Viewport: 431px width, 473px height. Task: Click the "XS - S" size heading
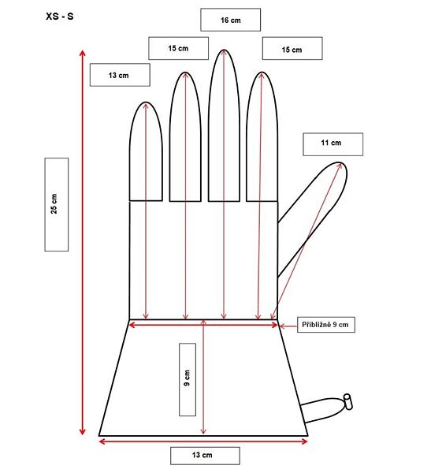coord(59,17)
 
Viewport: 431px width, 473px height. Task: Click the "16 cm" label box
coord(230,20)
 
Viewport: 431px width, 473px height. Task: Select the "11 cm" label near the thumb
coord(333,144)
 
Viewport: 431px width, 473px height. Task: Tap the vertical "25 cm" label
coord(57,204)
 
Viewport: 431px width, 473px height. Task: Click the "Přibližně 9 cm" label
coord(326,325)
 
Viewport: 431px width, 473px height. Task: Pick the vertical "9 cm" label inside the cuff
coord(188,379)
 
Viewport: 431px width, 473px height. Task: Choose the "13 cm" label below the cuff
coord(205,456)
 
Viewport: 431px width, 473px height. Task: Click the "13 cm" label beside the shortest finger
coord(120,75)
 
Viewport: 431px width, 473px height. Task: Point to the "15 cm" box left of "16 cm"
coord(178,48)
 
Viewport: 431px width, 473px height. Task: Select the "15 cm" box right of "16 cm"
coord(292,48)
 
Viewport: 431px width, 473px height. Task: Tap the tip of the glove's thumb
coord(340,164)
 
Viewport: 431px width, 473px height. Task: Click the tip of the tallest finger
coord(224,50)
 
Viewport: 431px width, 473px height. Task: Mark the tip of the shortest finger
coord(146,102)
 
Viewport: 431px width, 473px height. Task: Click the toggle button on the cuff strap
coord(347,402)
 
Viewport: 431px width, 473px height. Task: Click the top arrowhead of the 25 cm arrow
coord(83,53)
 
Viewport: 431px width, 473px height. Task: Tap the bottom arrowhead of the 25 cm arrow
coord(83,432)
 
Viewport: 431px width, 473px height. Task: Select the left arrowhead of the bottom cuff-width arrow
coord(102,441)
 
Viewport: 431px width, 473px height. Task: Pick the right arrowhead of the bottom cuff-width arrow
coord(305,441)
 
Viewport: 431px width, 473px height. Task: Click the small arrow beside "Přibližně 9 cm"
coord(288,326)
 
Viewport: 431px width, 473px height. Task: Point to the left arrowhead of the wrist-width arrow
coord(132,325)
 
